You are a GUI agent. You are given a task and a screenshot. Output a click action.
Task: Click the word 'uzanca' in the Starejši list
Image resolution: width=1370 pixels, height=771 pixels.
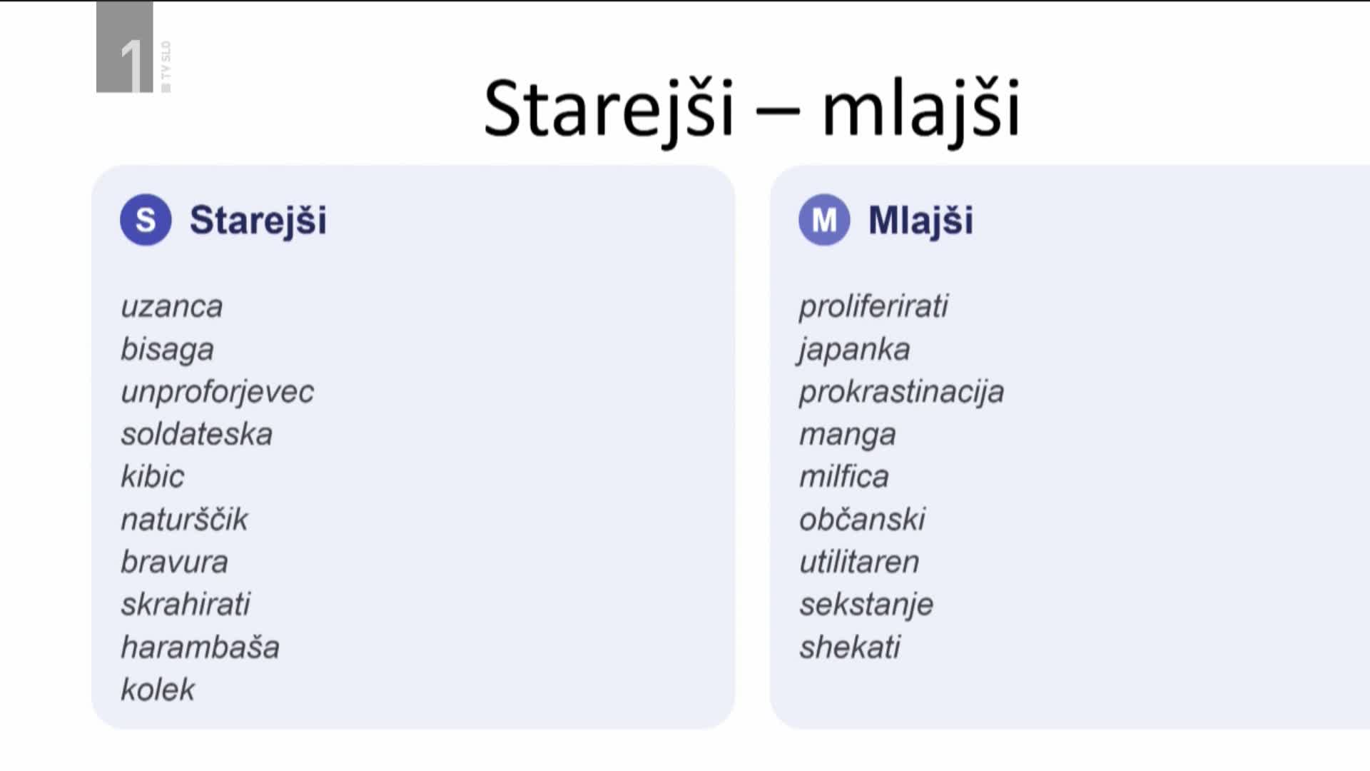(172, 307)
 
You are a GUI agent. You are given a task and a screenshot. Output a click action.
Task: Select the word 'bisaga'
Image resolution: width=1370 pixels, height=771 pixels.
(167, 350)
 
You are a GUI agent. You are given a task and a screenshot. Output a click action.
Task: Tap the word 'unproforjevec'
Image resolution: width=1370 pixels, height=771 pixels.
(217, 392)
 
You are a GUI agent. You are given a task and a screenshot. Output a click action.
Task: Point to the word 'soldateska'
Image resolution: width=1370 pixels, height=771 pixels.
(196, 434)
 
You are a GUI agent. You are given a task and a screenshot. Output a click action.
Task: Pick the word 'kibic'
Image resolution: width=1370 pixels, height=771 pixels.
(152, 476)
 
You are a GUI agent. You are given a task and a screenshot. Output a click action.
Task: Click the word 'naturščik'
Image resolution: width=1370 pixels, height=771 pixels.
(184, 519)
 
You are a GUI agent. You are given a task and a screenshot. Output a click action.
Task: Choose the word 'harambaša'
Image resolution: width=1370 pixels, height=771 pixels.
(200, 647)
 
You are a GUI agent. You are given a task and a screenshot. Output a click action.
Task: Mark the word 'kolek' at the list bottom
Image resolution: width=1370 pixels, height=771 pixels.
(158, 689)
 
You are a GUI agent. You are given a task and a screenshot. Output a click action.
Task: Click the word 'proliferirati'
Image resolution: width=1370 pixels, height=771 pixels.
(873, 307)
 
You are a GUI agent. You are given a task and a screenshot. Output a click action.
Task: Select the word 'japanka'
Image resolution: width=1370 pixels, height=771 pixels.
(853, 350)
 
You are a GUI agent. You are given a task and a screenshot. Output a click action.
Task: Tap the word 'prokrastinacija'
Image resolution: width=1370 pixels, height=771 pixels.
(901, 392)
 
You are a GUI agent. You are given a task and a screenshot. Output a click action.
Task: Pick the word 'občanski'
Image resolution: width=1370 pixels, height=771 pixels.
(862, 519)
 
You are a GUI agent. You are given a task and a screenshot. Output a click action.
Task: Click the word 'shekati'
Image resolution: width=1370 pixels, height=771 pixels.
(850, 647)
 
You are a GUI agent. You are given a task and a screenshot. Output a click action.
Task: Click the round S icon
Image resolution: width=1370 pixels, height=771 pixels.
(146, 220)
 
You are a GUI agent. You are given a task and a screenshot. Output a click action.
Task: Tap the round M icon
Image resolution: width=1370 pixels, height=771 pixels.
(824, 220)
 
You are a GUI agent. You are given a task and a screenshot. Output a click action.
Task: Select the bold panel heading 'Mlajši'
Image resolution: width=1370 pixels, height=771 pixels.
(920, 221)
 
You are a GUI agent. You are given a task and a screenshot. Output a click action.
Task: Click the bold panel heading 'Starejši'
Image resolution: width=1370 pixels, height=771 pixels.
(258, 221)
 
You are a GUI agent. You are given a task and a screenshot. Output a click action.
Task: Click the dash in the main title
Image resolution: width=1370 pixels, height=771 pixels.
(777, 112)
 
